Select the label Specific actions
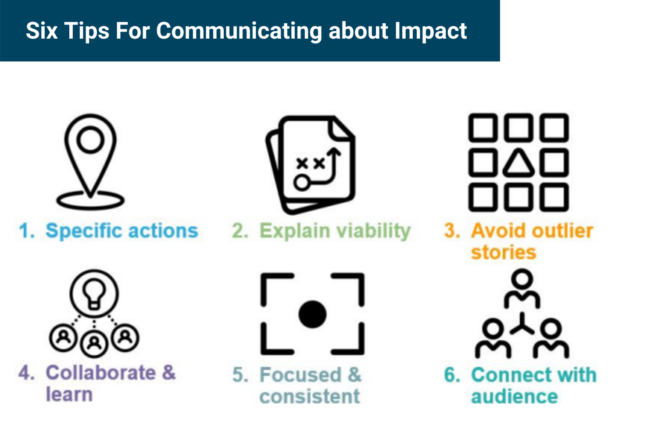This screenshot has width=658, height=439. pos(122,230)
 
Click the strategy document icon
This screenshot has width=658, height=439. pos(311,165)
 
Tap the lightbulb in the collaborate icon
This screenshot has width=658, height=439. pos(94,293)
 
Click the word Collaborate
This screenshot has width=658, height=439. pos(100,373)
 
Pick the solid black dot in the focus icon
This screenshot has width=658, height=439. pos(312,314)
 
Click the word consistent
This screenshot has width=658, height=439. pos(309,396)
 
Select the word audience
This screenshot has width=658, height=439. pos(514,396)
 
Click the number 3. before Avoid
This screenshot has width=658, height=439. pos(452,231)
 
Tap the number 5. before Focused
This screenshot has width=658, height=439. pos(240,375)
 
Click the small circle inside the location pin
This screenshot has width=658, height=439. pos(90,140)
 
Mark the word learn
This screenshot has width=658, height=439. pos(69,394)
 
